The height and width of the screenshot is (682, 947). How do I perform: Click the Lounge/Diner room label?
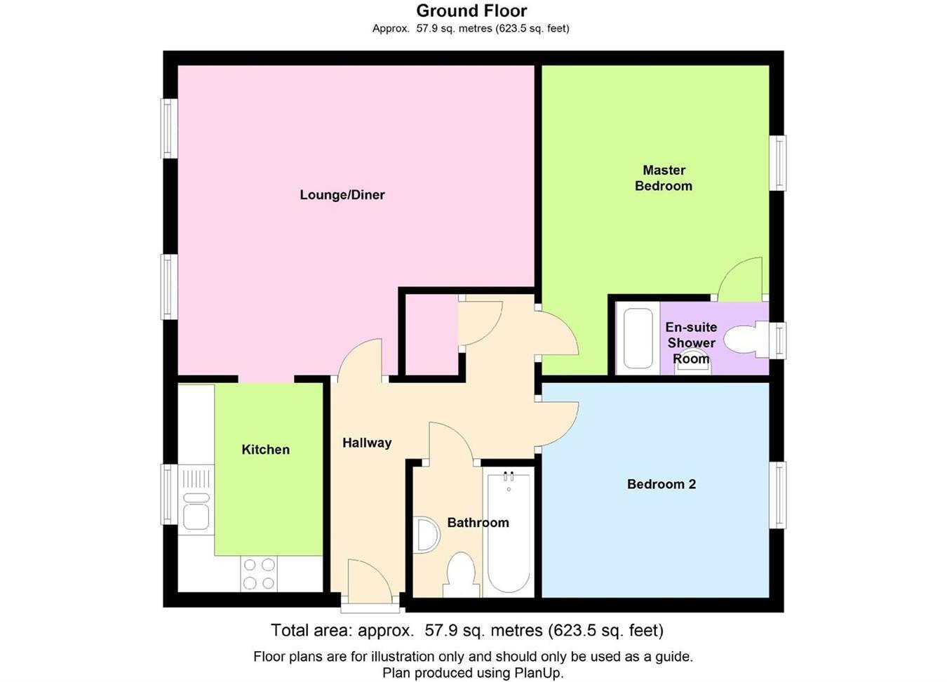tap(342, 195)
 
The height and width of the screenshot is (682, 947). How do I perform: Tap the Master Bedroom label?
tap(663, 178)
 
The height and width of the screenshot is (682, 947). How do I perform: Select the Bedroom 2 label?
tap(661, 484)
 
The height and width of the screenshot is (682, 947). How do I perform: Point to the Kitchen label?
tap(265, 450)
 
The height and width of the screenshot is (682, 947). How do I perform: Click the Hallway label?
tap(366, 443)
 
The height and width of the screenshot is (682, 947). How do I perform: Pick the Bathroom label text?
tap(478, 523)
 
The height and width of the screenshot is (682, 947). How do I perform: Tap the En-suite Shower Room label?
tap(691, 343)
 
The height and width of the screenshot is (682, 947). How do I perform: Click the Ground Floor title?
tap(471, 11)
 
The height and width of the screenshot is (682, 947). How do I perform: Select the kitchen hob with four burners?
tap(259, 573)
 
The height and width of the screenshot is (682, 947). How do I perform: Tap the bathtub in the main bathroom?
tap(509, 533)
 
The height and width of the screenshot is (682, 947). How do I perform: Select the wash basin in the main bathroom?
tap(426, 536)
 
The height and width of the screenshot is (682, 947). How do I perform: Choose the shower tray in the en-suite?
tap(638, 339)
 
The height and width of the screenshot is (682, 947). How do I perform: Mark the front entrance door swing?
tap(368, 580)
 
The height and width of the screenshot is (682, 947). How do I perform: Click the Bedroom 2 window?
tap(778, 495)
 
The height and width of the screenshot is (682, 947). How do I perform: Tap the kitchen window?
tap(169, 495)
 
